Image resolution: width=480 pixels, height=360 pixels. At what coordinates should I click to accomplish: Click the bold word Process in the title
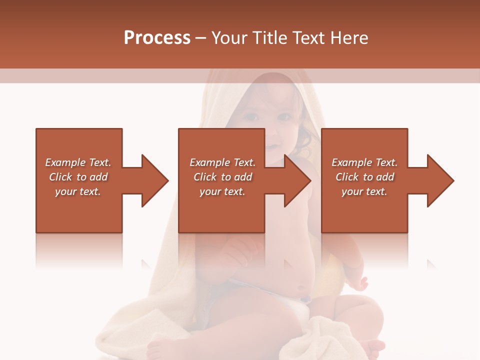point(157,38)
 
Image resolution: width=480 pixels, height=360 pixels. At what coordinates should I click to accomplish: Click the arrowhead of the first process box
point(155,180)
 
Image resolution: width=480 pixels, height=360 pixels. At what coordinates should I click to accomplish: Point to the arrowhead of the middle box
point(298,180)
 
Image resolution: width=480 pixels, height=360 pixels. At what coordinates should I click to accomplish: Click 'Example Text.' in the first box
point(78,162)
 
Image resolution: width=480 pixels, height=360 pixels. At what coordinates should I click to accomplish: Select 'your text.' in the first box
point(78,191)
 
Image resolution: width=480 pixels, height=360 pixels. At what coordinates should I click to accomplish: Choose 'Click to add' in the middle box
point(222,177)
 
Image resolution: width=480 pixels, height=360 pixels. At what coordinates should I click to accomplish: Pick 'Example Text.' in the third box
point(364,162)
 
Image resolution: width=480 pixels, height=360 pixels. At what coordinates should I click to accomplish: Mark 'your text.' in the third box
point(364,191)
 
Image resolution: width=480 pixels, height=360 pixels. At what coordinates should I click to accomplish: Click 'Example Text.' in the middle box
point(222,162)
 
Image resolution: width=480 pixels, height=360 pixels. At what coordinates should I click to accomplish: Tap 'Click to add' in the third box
point(364,177)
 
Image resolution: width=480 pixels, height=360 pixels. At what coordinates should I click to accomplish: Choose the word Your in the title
point(228,38)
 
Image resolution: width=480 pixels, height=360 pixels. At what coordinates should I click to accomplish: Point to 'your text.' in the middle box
point(222,191)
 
